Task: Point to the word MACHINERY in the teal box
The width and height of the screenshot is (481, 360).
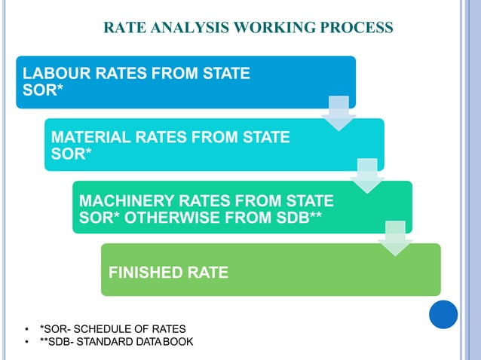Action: [122, 201]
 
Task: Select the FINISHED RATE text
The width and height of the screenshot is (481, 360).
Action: [168, 272]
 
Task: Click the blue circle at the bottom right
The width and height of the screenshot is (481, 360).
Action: [443, 314]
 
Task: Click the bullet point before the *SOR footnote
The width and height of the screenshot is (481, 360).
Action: [27, 329]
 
